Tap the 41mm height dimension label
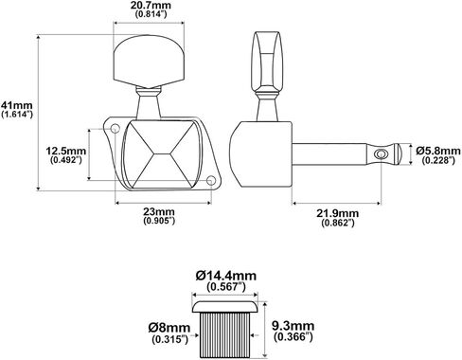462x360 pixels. tap(17, 104)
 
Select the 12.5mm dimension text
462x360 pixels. tap(66, 151)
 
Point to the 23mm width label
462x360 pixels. tap(159, 211)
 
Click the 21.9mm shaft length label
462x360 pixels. tap(338, 213)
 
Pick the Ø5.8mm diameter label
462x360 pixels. tap(438, 151)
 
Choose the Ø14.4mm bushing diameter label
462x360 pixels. tap(226, 276)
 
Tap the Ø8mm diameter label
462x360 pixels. tap(169, 328)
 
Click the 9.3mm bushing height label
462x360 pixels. tap(293, 326)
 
